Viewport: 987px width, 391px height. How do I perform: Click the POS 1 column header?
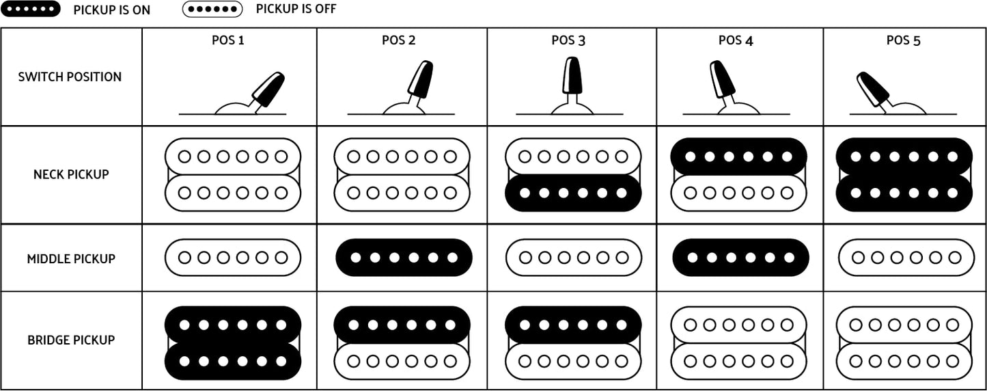[x=228, y=40]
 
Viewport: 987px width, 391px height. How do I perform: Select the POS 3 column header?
[x=568, y=40]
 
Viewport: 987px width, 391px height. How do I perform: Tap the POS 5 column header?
[x=904, y=40]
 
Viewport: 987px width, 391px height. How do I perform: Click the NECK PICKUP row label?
[x=71, y=174]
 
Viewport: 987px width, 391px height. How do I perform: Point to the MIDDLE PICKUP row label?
[x=71, y=258]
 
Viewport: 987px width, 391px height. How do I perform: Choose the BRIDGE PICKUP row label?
[x=71, y=340]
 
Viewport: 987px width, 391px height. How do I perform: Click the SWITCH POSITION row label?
[x=70, y=77]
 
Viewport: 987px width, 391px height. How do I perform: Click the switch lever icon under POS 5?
[x=873, y=90]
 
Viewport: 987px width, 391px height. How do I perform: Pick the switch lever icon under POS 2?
[x=420, y=80]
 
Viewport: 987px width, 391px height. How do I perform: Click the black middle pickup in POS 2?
[x=404, y=257]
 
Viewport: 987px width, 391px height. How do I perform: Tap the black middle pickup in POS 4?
[x=740, y=257]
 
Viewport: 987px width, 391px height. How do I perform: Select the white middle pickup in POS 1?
[x=233, y=257]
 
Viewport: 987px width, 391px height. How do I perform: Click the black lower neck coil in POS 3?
[x=573, y=193]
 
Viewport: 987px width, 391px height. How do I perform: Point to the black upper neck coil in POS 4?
[x=738, y=157]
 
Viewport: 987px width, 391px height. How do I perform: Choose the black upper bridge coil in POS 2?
[x=402, y=325]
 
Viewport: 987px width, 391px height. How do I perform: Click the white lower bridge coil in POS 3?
[x=573, y=361]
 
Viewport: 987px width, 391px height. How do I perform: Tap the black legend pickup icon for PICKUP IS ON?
[x=30, y=9]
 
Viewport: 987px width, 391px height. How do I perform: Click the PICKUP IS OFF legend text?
[x=296, y=9]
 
